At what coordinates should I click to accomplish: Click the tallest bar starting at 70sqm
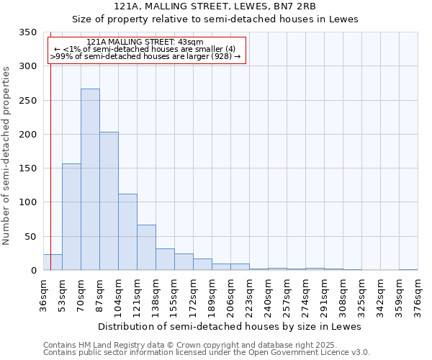[x=90, y=180]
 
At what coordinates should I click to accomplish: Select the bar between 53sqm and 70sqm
[x=71, y=217]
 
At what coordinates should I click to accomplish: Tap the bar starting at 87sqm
[x=109, y=202]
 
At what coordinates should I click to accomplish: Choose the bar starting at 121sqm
[x=146, y=248]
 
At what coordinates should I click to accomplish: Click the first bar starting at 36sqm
[x=53, y=263]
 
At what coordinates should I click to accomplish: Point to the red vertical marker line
[x=50, y=144]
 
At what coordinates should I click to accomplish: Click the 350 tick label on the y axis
[x=27, y=32]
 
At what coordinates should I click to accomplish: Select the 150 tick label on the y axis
[x=27, y=168]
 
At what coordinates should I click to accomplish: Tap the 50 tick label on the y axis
[x=30, y=237]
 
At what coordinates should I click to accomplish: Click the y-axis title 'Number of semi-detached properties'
[x=7, y=155]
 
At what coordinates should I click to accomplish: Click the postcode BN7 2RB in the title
[x=305, y=6]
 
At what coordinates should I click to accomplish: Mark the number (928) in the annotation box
[x=221, y=55]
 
